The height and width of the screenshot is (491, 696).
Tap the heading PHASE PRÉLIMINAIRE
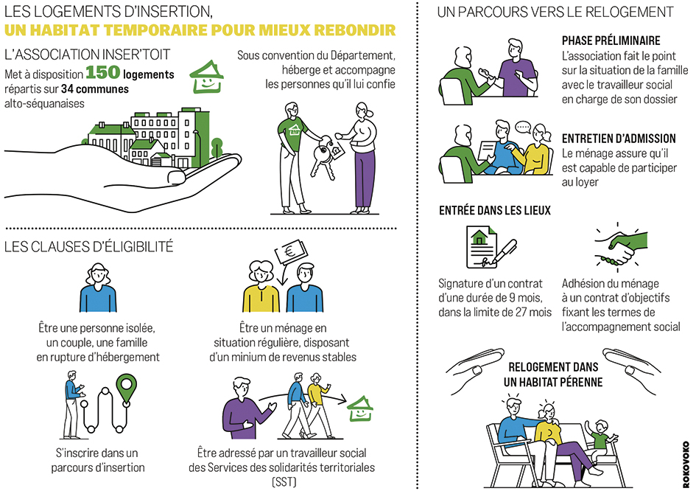click(x=611, y=41)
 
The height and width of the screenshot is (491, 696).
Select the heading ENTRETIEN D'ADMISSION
click(x=619, y=138)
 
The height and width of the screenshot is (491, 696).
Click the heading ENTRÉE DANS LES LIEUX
click(x=494, y=210)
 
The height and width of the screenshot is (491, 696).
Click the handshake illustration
click(x=616, y=247)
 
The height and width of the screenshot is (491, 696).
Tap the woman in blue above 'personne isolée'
click(x=97, y=288)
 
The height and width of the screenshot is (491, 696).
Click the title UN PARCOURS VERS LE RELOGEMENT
click(x=555, y=12)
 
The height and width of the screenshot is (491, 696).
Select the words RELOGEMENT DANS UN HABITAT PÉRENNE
click(x=553, y=374)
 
